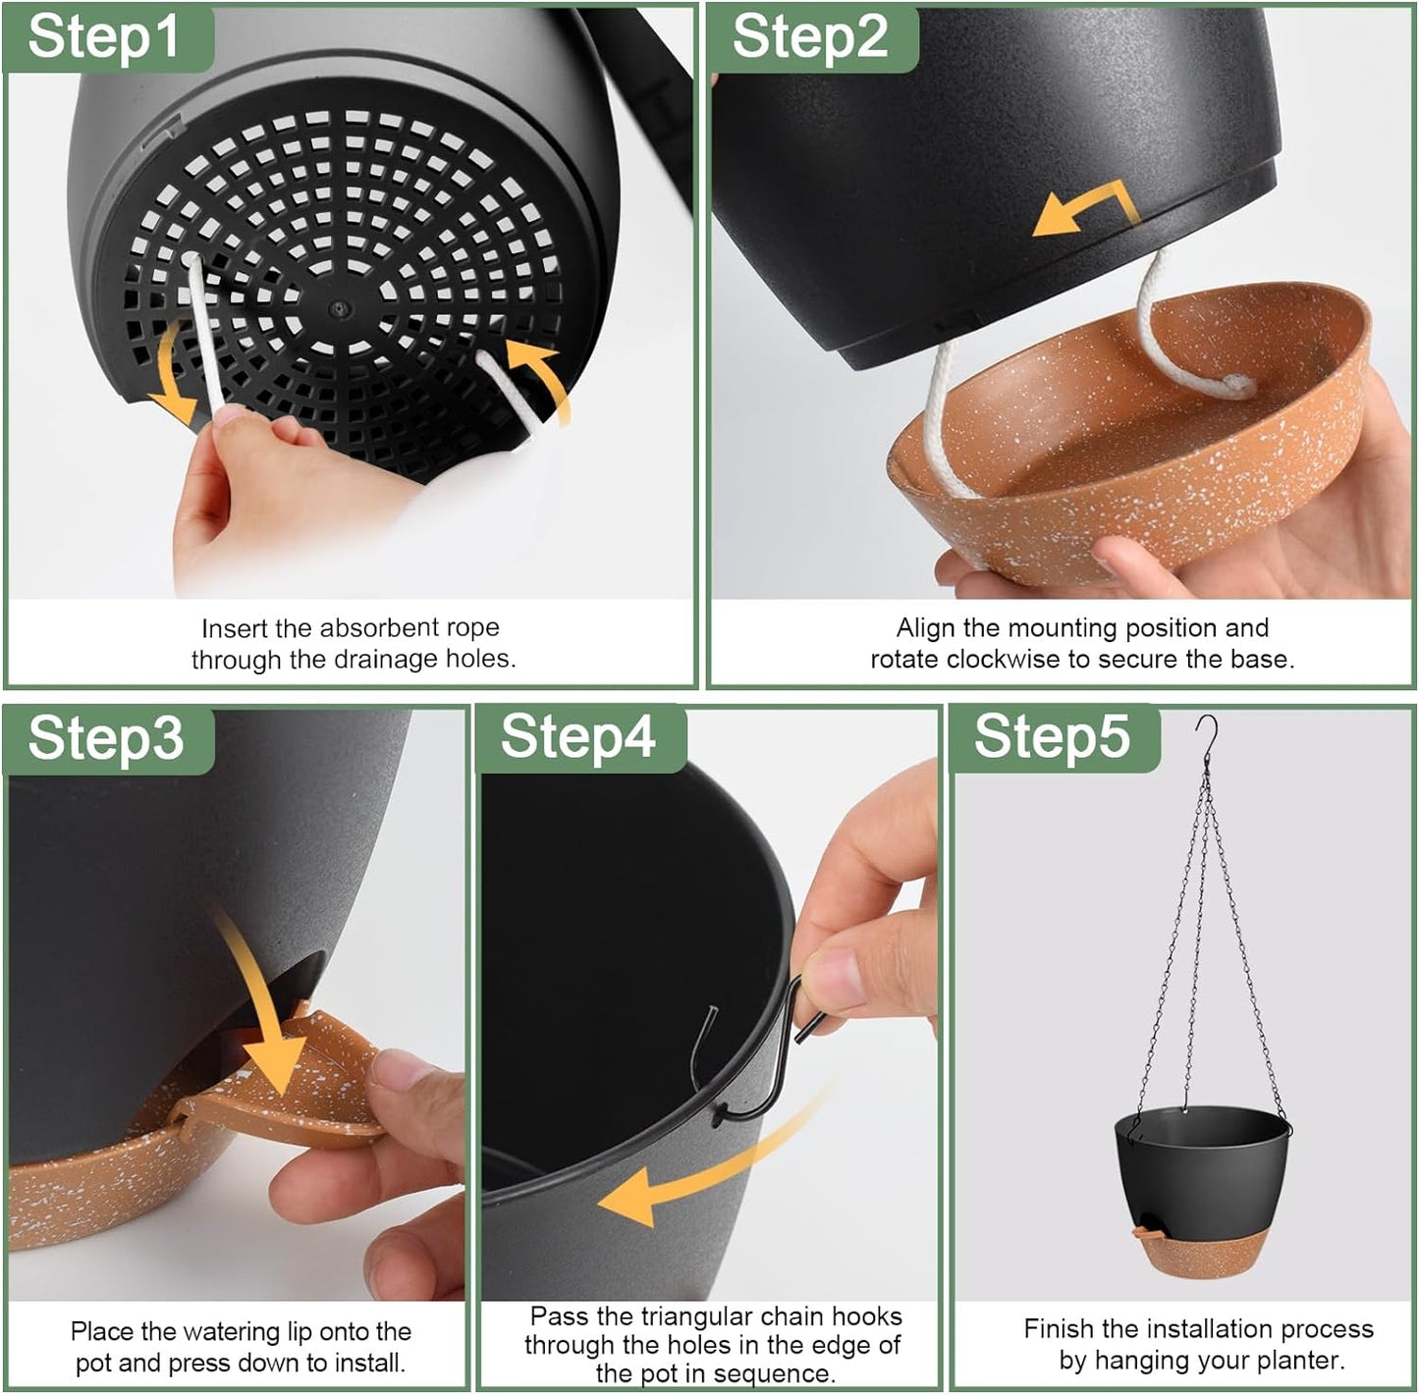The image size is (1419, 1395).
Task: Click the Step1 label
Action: click(x=104, y=37)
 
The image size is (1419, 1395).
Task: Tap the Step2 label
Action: click(x=810, y=37)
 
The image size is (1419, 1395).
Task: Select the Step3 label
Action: click(x=106, y=738)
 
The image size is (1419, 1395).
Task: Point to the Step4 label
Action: click(x=578, y=736)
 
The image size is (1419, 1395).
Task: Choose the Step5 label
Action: click(x=1052, y=736)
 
